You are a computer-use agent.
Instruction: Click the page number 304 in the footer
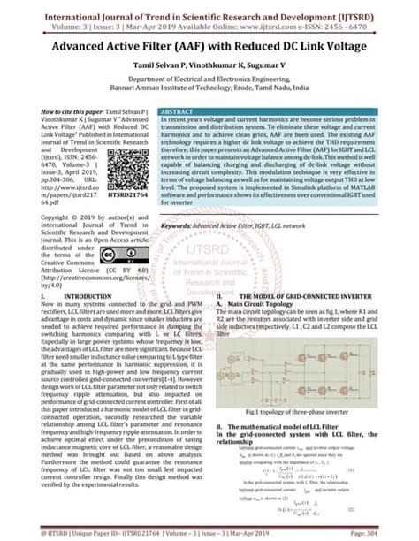coord(402,533)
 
